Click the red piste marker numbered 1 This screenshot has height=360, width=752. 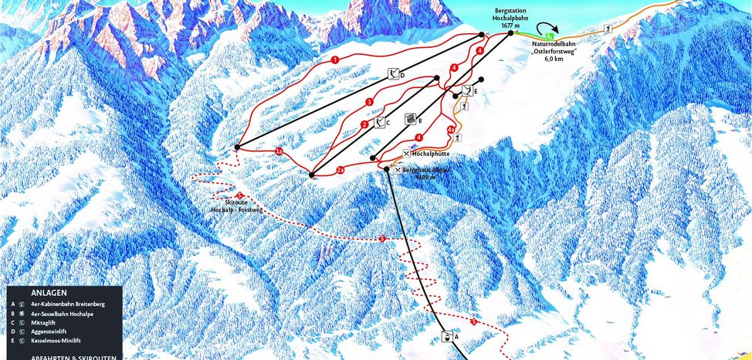click(335, 59)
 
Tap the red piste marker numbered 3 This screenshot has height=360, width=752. click(370, 102)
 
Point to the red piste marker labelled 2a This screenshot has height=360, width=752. click(340, 169)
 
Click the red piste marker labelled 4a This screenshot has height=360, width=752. click(451, 129)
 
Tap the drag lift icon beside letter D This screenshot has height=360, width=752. click(394, 74)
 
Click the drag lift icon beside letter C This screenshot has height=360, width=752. click(379, 122)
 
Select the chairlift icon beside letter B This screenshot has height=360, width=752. click(411, 120)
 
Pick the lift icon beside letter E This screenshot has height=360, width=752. click(467, 91)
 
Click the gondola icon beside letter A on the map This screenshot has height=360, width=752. click(446, 337)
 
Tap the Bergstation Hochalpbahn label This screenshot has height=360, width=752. click(507, 18)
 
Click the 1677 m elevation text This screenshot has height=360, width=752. click(507, 26)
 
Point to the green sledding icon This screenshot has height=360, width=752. click(549, 36)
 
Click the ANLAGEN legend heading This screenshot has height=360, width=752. click(49, 294)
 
